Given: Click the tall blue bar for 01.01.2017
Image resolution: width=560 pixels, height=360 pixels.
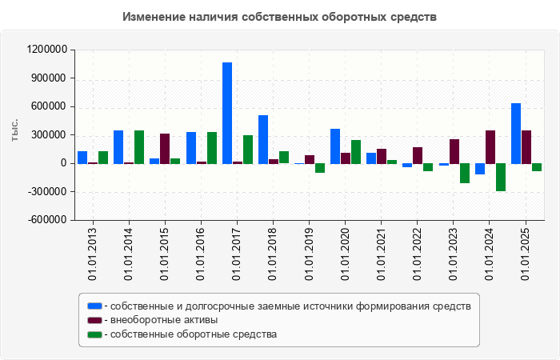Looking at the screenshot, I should click(227, 113).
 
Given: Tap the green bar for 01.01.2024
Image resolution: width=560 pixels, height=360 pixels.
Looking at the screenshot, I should click(501, 177).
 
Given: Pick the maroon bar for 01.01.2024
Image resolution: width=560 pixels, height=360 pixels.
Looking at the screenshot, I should click(490, 147).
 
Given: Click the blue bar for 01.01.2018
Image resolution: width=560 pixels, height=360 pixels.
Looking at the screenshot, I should click(263, 139).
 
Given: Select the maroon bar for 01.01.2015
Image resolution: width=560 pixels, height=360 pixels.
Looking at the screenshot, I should click(165, 149).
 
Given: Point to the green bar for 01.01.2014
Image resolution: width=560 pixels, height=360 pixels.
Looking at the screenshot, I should click(139, 147).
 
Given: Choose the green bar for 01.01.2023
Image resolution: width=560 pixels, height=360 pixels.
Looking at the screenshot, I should click(465, 173).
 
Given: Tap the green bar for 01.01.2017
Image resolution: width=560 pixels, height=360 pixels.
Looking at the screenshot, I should click(248, 150).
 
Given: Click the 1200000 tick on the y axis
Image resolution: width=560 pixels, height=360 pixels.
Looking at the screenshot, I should click(46, 50).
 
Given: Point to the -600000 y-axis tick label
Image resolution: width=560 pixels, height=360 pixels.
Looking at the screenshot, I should click(46, 220).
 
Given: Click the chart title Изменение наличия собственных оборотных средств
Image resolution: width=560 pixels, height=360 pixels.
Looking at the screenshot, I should click(280, 17).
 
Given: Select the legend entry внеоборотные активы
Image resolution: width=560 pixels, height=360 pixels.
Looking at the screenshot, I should click(165, 320).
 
